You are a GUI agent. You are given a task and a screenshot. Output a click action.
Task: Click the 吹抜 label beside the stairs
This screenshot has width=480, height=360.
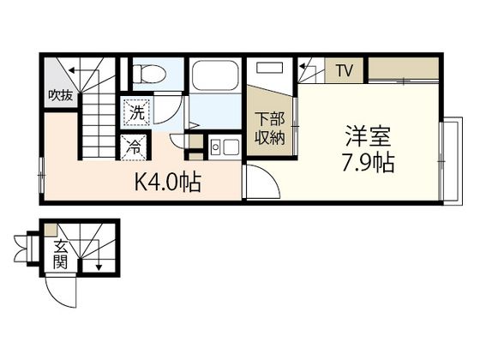pos(59,96)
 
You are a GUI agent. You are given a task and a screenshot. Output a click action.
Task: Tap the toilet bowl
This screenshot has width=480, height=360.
pos(151,74)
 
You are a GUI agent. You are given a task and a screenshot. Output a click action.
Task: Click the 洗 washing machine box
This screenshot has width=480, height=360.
pos(135,111)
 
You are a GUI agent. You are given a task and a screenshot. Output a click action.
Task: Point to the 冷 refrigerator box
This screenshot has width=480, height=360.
pos(134,147)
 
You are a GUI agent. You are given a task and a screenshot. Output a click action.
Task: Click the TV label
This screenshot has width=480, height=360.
pos(344,70)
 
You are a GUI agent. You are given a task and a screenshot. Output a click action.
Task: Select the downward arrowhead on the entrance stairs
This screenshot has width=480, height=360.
pos(99,267)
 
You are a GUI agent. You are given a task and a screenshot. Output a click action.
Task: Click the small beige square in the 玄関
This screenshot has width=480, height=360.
pos(51,230)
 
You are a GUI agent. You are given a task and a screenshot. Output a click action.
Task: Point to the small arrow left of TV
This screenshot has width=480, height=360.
pos(304,64)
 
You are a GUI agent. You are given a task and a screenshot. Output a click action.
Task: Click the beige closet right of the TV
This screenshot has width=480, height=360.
pos(403,67)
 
